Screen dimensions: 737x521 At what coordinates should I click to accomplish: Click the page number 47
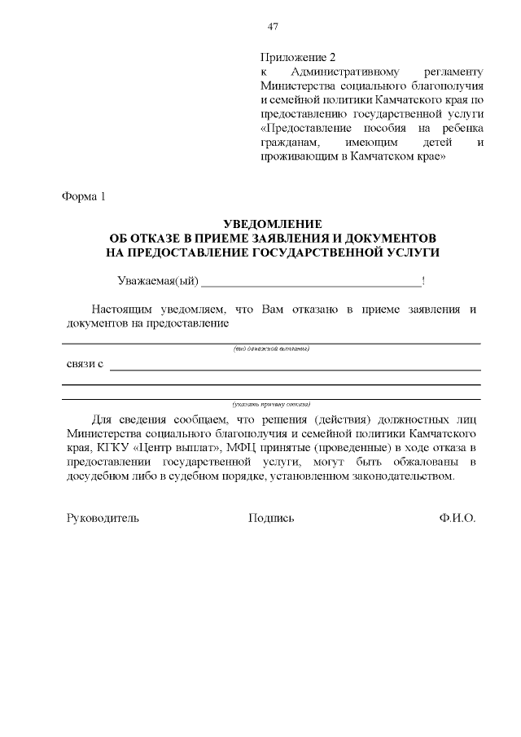tap(274, 26)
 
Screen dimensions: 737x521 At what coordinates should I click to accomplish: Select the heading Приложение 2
tap(297, 58)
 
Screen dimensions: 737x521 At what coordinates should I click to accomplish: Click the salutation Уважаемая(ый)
tap(158, 282)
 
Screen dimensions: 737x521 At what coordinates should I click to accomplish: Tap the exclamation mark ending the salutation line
tap(423, 282)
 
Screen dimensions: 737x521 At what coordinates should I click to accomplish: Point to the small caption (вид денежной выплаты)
tap(271, 349)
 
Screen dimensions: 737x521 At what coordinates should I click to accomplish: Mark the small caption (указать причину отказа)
tap(271, 404)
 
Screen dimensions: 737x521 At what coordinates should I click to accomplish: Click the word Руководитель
tap(103, 518)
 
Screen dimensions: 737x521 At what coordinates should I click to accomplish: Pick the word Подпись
tap(271, 518)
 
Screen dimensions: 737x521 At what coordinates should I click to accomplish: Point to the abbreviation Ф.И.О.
tap(456, 518)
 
